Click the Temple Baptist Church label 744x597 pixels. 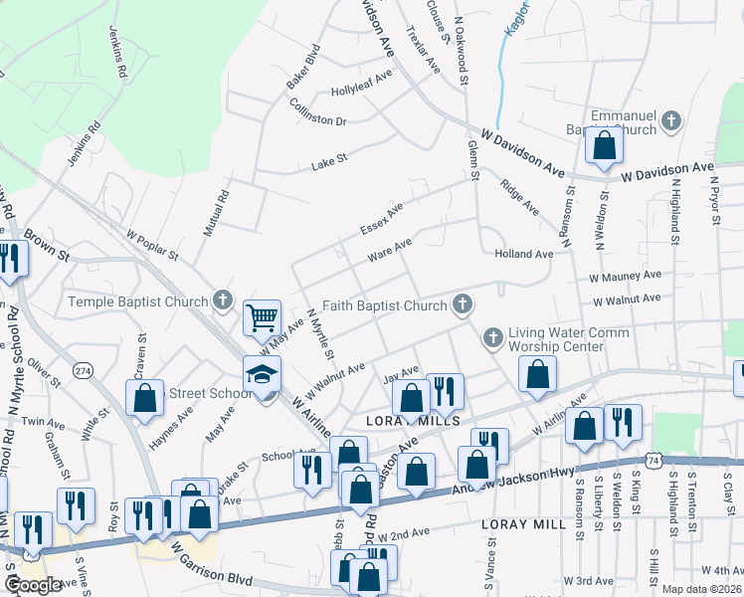click(137, 301)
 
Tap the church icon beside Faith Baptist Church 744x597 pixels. click(462, 304)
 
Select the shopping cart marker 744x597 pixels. click(263, 318)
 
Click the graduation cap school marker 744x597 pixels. click(263, 374)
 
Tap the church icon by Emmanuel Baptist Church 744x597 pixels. click(671, 122)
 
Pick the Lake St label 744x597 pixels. click(328, 159)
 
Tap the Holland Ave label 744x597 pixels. click(523, 255)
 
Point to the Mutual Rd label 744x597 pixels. click(217, 213)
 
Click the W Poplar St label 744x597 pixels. click(151, 245)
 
